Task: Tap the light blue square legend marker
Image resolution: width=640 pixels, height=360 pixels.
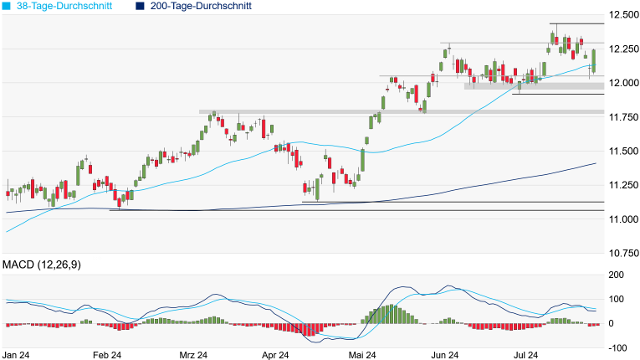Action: pos(8,6)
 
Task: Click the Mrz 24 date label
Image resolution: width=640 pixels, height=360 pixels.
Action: pos(194,355)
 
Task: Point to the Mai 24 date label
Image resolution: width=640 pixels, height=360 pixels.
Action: pos(362,355)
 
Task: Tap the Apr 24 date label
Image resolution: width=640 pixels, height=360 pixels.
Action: pos(274,355)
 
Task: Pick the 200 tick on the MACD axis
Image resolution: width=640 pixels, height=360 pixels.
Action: pos(617,275)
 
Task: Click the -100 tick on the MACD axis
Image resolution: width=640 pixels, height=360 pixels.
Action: pos(617,347)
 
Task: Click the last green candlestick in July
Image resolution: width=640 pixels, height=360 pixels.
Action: pos(594,61)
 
